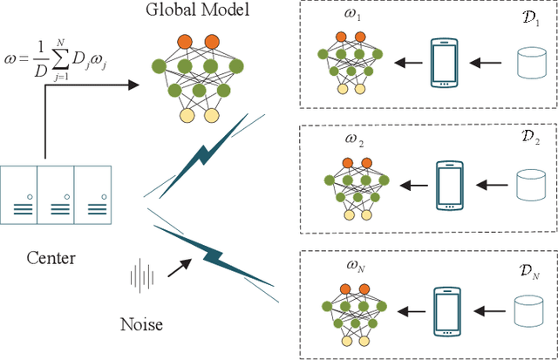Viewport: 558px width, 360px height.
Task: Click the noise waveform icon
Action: (x=142, y=277)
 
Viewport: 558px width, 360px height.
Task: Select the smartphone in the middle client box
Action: (x=449, y=185)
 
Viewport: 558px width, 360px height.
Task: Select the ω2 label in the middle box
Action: (x=353, y=141)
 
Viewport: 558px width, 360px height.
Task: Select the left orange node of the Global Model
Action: (x=184, y=41)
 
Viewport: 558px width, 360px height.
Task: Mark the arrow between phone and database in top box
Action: (x=488, y=63)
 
